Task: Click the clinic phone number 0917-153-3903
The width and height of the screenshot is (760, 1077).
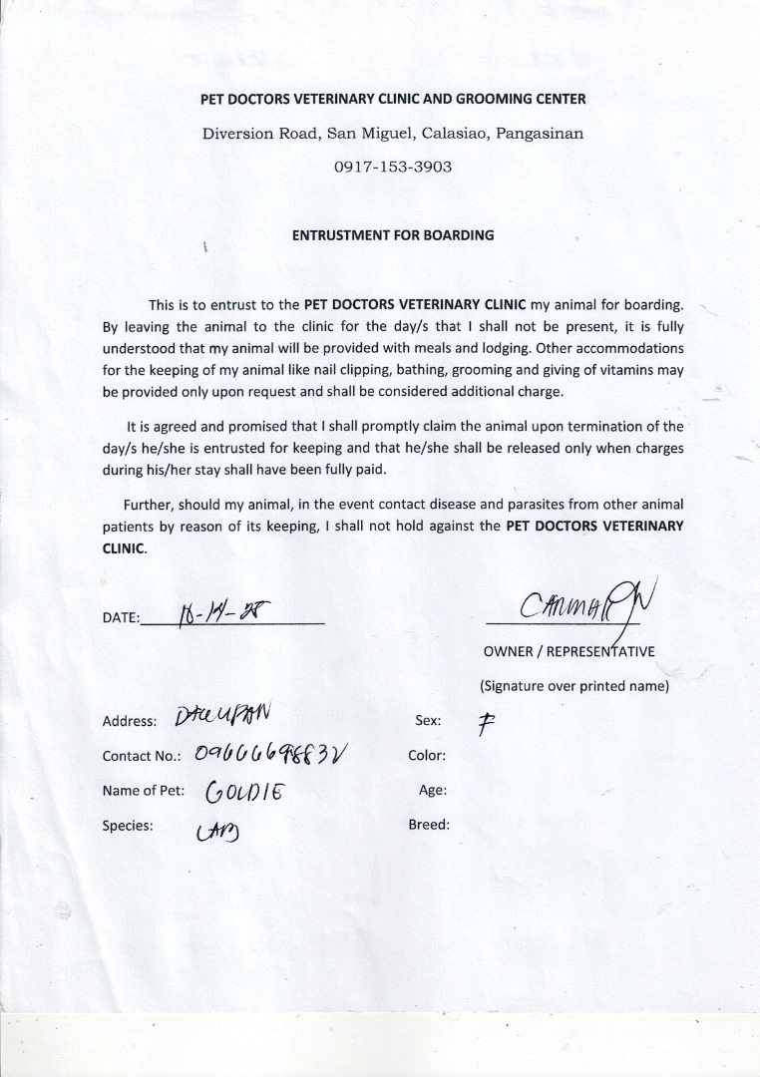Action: click(x=393, y=167)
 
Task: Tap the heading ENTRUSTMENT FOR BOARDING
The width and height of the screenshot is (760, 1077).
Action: click(x=393, y=236)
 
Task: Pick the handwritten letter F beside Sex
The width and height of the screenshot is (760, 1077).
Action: click(x=486, y=722)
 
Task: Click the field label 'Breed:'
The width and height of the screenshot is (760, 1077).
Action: click(x=429, y=825)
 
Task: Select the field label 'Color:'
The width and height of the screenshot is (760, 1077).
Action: click(x=427, y=756)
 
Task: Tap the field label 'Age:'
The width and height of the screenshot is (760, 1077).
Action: click(x=433, y=790)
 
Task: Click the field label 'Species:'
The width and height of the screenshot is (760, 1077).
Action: click(x=128, y=825)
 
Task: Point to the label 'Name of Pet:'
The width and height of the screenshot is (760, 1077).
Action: click(x=141, y=791)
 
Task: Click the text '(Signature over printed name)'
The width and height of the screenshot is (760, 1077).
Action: click(x=573, y=686)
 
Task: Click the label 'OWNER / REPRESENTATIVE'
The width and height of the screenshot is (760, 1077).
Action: click(x=569, y=652)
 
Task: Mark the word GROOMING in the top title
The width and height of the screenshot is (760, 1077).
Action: click(x=503, y=99)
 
